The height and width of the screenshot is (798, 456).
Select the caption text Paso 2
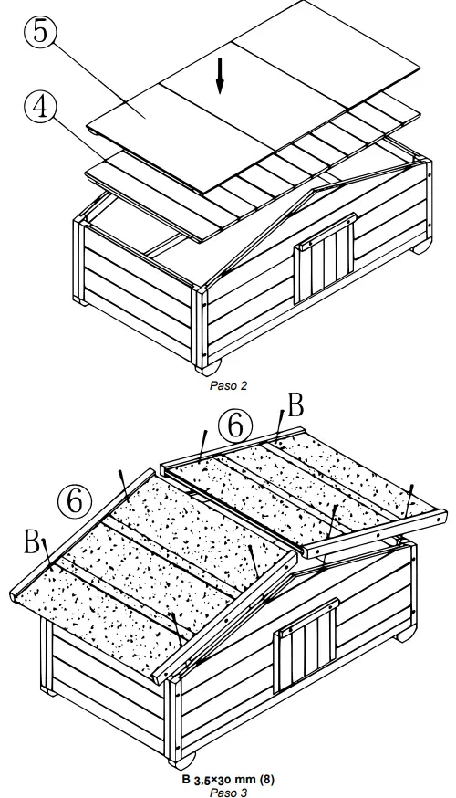[228, 385]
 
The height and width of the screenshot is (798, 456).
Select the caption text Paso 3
[228, 792]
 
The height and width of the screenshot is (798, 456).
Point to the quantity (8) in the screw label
[265, 780]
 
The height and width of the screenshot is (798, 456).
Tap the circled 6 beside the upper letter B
[234, 425]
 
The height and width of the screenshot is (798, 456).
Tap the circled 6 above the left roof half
[75, 500]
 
